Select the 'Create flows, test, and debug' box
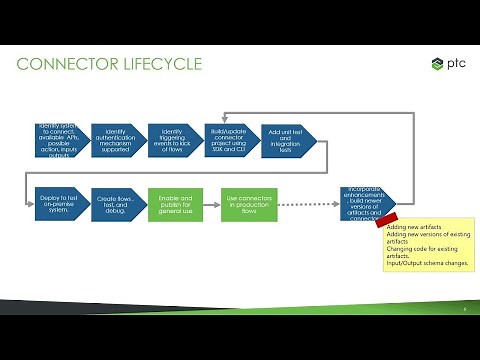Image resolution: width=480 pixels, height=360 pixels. coord(115,204)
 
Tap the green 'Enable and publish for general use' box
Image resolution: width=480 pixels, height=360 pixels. coord(176,204)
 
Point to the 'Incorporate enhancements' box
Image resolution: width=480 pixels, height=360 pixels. coord(366,204)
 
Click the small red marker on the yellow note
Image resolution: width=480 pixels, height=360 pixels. coord(386,220)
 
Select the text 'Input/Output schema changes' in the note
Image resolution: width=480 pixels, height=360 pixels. coord(425,264)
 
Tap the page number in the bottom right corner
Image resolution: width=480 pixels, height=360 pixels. coord(464,309)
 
